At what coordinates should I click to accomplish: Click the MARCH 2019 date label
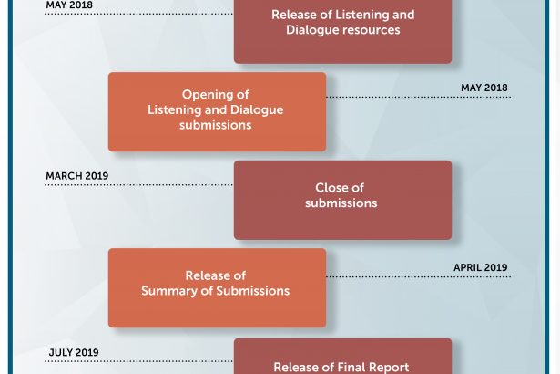(76, 176)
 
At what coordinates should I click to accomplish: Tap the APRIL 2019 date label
(481, 267)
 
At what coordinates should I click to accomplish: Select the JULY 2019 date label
(74, 352)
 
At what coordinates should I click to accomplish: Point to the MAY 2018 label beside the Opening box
(484, 88)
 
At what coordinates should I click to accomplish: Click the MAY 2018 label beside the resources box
(69, 5)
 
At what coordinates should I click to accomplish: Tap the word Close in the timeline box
(330, 188)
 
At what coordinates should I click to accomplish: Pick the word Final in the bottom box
(351, 368)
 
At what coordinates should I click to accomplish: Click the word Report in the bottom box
(389, 368)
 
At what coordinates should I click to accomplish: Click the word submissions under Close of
(341, 203)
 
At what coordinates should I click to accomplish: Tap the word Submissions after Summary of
(253, 291)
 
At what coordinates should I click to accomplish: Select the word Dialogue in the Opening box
(257, 110)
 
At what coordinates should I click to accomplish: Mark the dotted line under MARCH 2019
(138, 185)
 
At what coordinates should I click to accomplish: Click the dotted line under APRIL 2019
(419, 276)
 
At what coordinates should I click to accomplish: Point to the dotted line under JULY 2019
(138, 361)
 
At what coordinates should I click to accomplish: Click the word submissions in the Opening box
(216, 125)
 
